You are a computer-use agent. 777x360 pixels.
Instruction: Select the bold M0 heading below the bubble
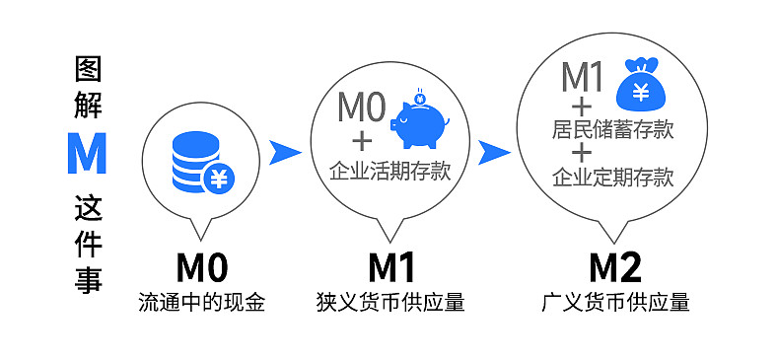coord(202,267)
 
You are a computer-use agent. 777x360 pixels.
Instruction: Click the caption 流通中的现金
coord(202,302)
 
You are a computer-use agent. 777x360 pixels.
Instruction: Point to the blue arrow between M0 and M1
coord(284,151)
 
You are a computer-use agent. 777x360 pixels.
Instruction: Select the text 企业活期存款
coord(389,172)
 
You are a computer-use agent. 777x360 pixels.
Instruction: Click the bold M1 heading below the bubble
coord(391,267)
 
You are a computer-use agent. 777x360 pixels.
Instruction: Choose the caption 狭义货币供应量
coord(390,302)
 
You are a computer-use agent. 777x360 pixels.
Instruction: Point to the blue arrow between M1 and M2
coord(494,152)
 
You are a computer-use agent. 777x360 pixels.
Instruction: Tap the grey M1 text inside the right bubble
coord(583,76)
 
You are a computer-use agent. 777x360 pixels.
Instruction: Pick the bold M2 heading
coord(615,267)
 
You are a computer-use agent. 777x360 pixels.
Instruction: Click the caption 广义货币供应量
coord(615,302)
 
